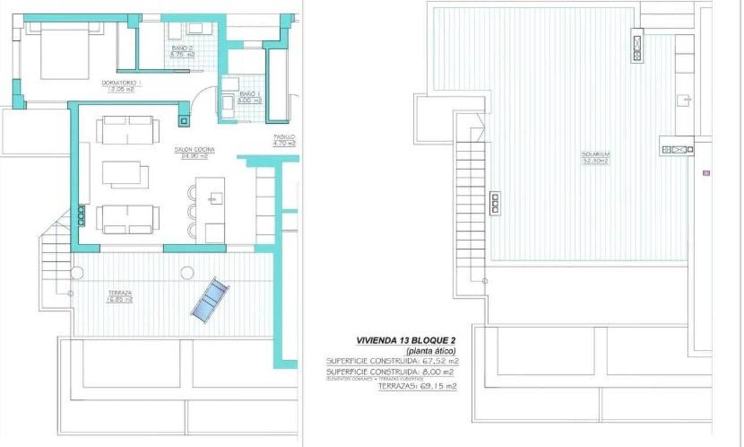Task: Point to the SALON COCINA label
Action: coord(195,150)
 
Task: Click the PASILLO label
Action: coord(285,137)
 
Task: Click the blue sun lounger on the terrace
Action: coord(210,299)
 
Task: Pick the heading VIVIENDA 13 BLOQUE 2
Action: coord(405,340)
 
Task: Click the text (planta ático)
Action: coord(431,350)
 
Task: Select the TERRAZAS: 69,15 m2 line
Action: coord(417,386)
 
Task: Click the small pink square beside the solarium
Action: coord(706,173)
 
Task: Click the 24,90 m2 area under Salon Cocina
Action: coord(195,156)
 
